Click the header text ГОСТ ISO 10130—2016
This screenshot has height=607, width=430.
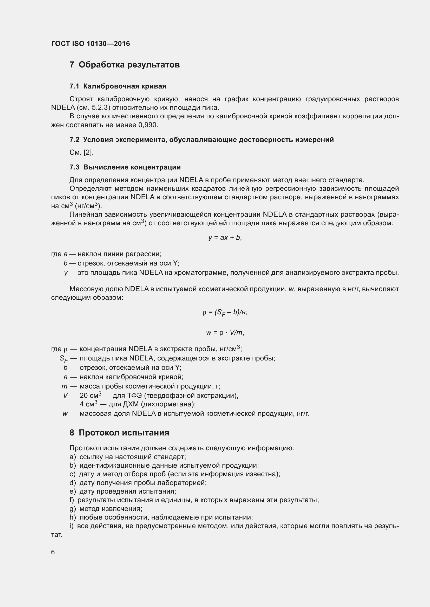pos(90,44)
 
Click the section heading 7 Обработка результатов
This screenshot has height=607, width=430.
pos(125,65)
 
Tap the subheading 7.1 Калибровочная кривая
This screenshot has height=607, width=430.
pos(118,86)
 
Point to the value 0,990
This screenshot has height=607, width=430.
pos(148,125)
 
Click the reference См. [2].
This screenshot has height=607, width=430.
pos(81,153)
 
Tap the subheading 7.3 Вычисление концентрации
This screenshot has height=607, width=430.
pos(125,167)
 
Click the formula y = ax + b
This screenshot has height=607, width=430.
pos(225,237)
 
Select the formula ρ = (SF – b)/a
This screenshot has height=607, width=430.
pos(225,312)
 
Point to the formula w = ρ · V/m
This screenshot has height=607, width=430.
pos(225,333)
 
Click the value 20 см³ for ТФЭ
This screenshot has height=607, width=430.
pos(90,395)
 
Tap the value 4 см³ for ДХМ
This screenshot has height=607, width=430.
pos(88,404)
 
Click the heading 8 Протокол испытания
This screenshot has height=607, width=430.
pos(119,433)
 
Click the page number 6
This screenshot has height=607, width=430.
pos(53,552)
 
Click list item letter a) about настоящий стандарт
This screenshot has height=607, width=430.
pos(72,457)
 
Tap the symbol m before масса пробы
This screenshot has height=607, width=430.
pos(64,386)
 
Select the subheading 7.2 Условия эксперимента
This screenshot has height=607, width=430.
pos(201,140)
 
